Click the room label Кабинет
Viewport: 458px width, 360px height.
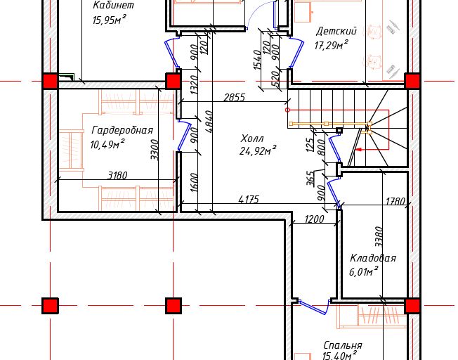(113, 5)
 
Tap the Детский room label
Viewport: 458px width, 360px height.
(336, 31)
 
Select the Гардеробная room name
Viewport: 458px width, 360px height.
(122, 130)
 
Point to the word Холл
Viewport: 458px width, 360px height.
(252, 138)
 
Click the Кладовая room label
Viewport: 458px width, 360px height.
(373, 258)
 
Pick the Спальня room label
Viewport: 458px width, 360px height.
(343, 345)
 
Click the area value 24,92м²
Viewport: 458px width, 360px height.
(258, 150)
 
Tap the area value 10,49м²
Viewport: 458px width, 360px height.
(107, 144)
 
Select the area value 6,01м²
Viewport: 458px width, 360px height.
(364, 271)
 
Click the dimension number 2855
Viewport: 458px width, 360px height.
(234, 98)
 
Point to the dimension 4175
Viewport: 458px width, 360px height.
(249, 200)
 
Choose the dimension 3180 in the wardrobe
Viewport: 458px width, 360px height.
(117, 176)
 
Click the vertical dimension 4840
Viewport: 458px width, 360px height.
(210, 122)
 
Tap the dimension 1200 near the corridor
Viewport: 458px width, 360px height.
(314, 219)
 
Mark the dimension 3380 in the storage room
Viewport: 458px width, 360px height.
(379, 236)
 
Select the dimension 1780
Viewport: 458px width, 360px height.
(395, 201)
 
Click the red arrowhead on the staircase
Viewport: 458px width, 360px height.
(360, 150)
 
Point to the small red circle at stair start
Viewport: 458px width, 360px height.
(287, 110)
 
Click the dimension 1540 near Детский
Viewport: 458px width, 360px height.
(257, 60)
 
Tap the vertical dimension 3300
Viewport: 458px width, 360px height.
(155, 150)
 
